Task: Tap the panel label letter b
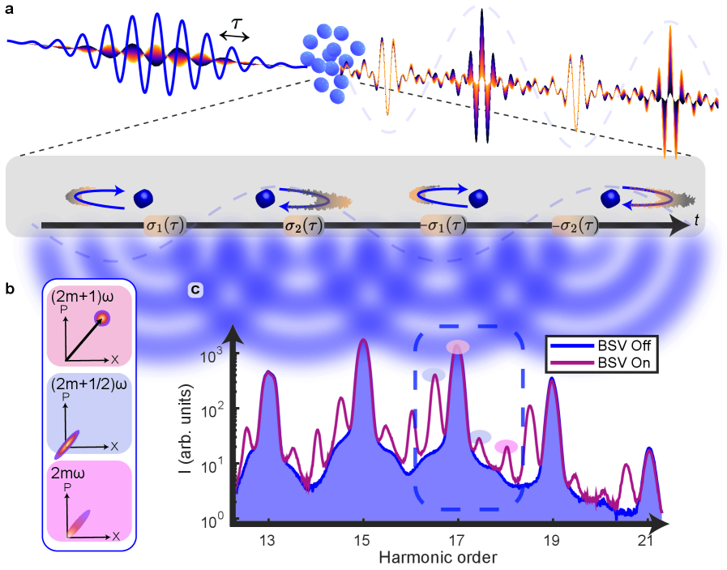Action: tap(9, 288)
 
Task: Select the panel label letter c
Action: tap(196, 289)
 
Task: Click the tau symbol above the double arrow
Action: tap(237, 25)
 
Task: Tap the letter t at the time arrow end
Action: tap(697, 220)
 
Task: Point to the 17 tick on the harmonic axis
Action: tap(458, 541)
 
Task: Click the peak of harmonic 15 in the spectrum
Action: tap(364, 341)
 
